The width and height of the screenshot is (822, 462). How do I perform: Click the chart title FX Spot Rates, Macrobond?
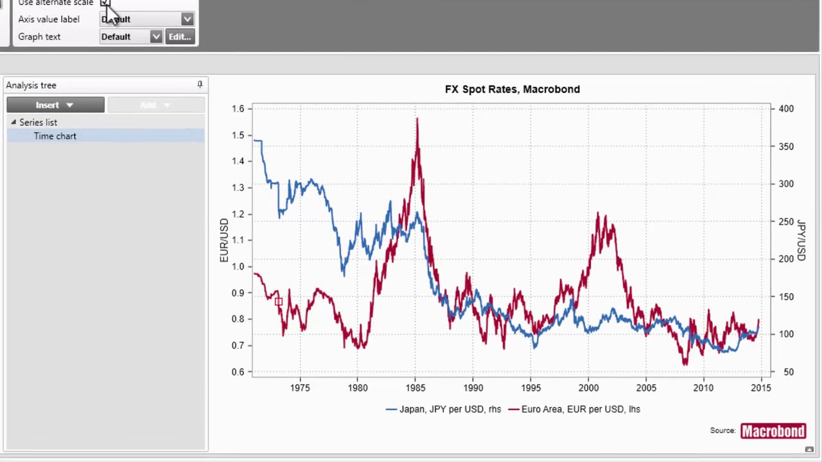[x=512, y=89]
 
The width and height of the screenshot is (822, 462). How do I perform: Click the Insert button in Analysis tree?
[x=55, y=105]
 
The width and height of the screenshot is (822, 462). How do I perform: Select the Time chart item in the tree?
[x=55, y=136]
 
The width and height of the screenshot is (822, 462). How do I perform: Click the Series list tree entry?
[x=38, y=122]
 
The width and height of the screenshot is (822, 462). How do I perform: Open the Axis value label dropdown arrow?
[x=187, y=19]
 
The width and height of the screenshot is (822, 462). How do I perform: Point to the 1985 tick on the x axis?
[x=415, y=388]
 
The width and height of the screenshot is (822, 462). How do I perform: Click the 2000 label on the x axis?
[x=588, y=388]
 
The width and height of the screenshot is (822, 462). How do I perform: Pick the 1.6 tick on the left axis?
[x=238, y=108]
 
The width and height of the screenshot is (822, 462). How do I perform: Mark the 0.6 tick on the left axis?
[x=238, y=372]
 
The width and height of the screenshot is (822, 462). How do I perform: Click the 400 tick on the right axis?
[x=786, y=108]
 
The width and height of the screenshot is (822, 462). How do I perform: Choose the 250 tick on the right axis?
[x=786, y=221]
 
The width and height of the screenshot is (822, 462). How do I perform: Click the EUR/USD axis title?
[x=224, y=240]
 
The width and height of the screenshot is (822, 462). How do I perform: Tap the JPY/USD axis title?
[x=801, y=240]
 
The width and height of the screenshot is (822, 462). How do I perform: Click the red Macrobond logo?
[x=773, y=431]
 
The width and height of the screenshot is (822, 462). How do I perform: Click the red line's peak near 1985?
[x=417, y=119]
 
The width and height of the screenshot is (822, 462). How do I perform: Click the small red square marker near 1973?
[x=278, y=301]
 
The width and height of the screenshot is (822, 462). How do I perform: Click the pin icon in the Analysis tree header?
[x=200, y=85]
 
